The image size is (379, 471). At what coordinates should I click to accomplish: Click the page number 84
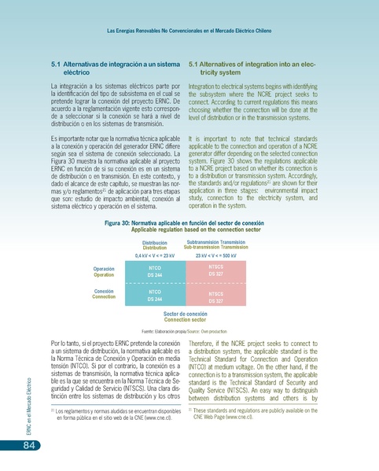28,447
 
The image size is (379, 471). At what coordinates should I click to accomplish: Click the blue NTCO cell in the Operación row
154,271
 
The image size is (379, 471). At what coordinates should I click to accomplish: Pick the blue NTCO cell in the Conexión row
154,296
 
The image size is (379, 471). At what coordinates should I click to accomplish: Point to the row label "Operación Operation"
104,272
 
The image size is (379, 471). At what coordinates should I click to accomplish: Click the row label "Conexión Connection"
104,294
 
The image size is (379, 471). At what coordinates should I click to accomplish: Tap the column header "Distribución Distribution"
154,245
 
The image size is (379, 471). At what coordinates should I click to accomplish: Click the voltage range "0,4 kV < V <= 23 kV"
154,256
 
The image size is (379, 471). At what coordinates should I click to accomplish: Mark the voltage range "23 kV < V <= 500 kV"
215,256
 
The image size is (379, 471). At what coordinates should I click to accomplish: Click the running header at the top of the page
189,31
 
